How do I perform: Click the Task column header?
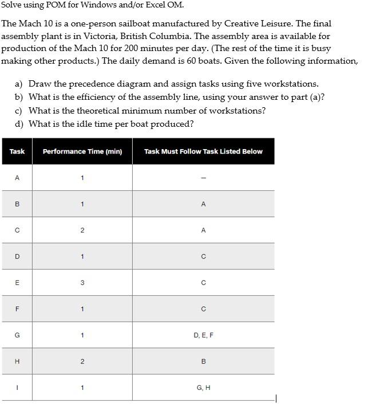(17, 151)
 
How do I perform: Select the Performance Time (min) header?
(82, 151)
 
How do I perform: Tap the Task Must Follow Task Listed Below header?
(203, 151)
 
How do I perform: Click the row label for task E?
(17, 283)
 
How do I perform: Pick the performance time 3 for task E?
(82, 283)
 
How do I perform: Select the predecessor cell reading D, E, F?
(203, 335)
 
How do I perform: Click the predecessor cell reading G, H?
(203, 388)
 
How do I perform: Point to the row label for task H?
(17, 361)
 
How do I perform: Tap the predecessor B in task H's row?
(203, 361)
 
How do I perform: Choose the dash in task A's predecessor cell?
(203, 178)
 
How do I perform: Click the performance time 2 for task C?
(82, 230)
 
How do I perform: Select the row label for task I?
(17, 388)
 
